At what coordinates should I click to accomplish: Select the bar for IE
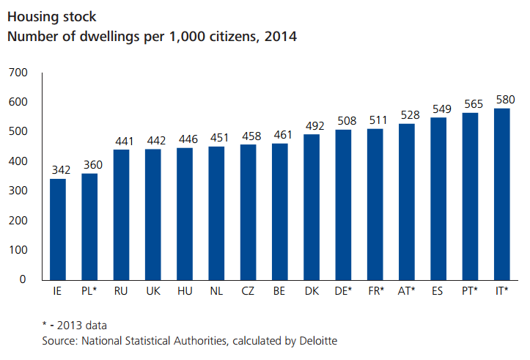58,229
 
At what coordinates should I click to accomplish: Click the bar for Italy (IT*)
501,194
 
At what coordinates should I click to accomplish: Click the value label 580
504,99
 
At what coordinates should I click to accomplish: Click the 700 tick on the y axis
18,73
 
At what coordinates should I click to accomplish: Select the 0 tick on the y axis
23,279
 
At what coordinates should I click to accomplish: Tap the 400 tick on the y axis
18,161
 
